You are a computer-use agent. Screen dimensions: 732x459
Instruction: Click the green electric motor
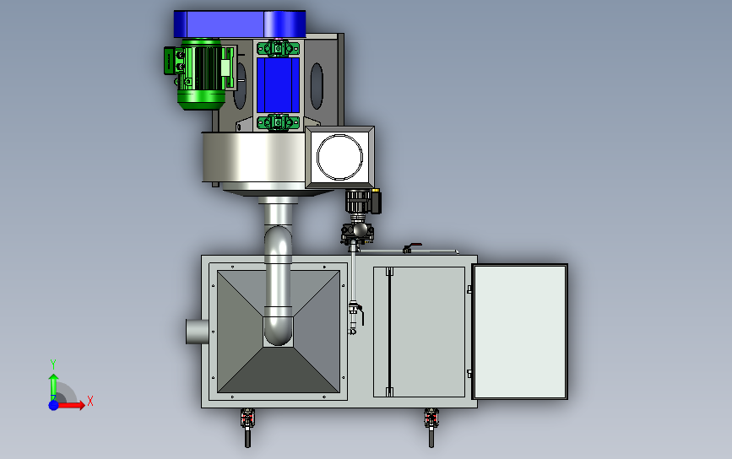click(x=200, y=74)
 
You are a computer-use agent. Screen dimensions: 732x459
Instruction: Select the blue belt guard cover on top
click(x=240, y=24)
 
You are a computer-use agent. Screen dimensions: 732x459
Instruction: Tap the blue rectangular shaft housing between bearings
click(x=278, y=85)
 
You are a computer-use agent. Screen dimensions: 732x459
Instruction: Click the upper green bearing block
click(x=279, y=48)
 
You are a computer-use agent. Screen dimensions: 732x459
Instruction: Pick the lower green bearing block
click(x=279, y=122)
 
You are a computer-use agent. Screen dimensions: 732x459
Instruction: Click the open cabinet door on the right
click(x=520, y=332)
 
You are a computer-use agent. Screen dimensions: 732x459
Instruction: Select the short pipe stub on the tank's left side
click(x=198, y=332)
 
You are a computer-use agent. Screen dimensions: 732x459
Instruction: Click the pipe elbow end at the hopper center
click(x=279, y=332)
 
